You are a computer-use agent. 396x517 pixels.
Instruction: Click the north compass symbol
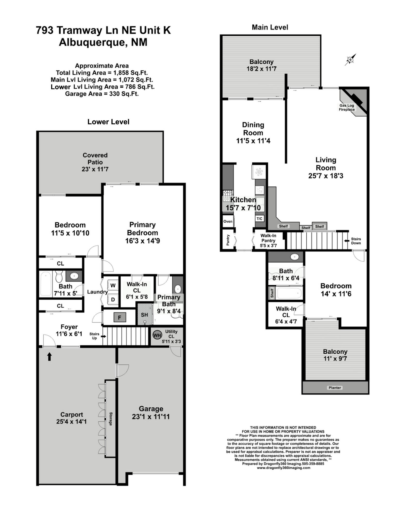[350, 60]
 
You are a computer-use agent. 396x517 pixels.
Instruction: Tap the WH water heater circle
[157, 336]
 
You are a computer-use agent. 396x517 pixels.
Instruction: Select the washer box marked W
[113, 285]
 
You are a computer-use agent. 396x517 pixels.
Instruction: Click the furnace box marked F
[120, 317]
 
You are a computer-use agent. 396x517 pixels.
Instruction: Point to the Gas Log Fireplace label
[347, 108]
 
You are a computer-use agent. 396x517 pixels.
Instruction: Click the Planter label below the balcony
[335, 388]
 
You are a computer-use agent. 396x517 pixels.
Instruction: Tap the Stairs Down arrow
[347, 241]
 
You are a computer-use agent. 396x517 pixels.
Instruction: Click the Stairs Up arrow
[103, 336]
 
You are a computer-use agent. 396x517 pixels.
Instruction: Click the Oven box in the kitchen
[228, 222]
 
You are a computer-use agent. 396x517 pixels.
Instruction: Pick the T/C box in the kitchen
[259, 219]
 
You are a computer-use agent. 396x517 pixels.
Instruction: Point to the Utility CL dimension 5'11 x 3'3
[172, 341]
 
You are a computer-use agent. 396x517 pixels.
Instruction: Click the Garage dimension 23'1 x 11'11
[151, 417]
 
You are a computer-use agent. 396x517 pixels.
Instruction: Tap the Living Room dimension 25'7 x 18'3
[326, 176]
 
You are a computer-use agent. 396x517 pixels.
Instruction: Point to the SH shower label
[144, 315]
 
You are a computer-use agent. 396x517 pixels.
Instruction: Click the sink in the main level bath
[295, 257]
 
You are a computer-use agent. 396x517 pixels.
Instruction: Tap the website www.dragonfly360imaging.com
[284, 468]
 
